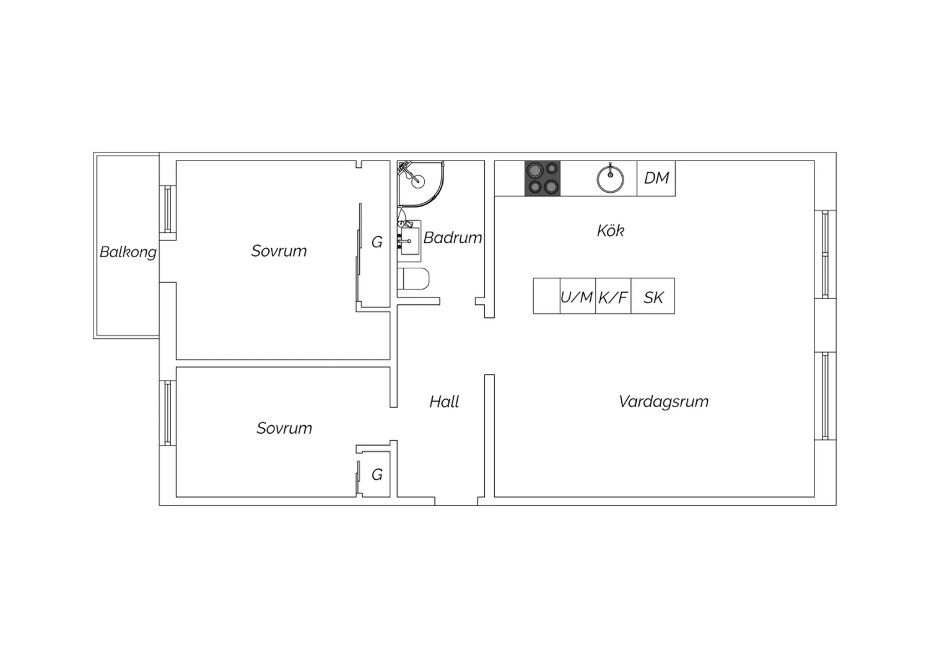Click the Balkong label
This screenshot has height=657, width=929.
[128, 252]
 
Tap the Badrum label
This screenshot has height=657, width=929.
[453, 238]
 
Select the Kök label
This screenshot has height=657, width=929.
[611, 231]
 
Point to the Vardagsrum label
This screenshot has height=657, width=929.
[663, 402]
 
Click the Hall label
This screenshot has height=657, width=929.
[444, 402]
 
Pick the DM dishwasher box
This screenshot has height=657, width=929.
[656, 179]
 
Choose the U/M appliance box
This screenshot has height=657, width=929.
[578, 296]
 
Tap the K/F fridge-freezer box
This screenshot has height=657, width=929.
[613, 296]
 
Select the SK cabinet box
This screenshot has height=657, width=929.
[653, 296]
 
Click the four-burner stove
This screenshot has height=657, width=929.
[543, 179]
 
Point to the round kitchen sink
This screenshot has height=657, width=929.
[610, 179]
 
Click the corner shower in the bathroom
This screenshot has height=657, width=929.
[420, 184]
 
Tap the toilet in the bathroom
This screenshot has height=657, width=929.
[413, 278]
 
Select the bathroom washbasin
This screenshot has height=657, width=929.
[410, 240]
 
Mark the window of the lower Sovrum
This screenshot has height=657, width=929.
[168, 413]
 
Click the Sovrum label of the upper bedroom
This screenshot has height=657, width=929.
[279, 250]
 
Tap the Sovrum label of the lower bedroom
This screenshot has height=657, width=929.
[284, 428]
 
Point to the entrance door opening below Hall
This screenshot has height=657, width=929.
[456, 501]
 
